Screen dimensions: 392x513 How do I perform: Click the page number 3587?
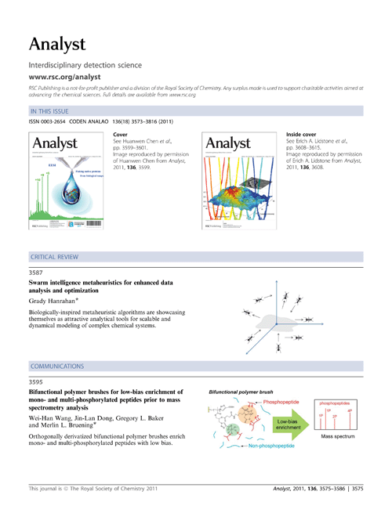[x=36, y=271]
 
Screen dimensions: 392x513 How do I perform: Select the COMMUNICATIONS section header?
[x=56, y=366]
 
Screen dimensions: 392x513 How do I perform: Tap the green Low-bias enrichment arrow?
[x=289, y=424]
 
